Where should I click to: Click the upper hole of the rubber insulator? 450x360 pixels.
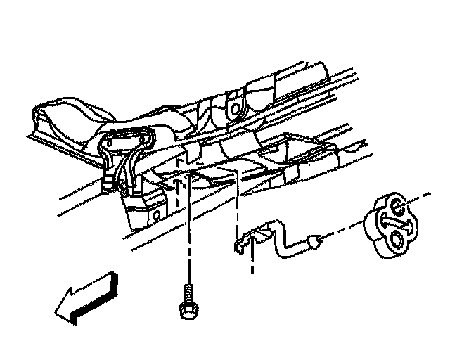(x=397, y=208)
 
